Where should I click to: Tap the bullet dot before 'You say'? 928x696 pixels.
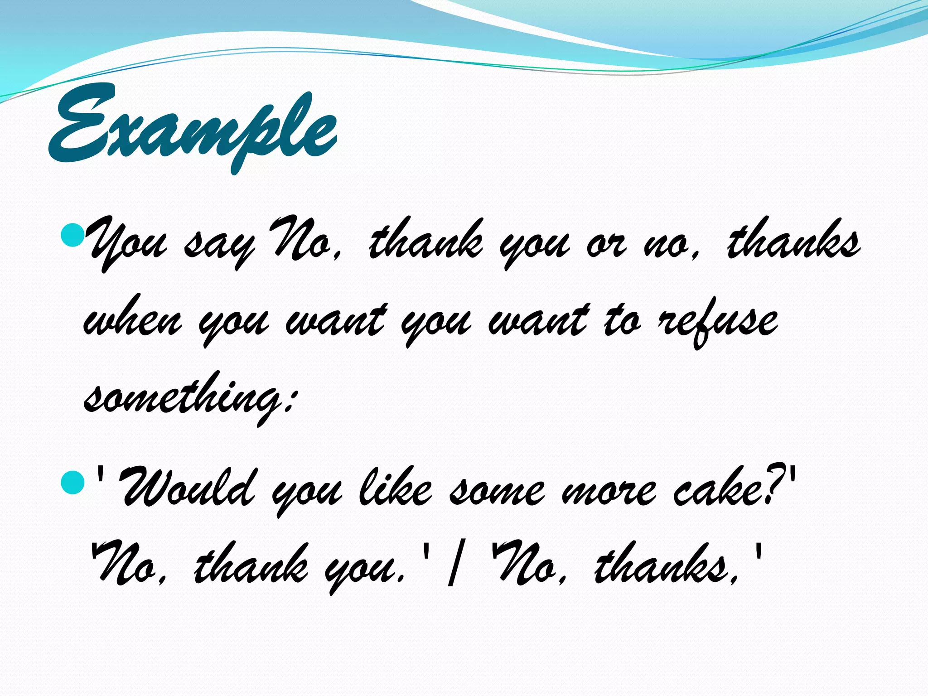point(72,236)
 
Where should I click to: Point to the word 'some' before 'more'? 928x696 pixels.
point(496,492)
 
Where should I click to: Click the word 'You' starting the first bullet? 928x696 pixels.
point(127,245)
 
